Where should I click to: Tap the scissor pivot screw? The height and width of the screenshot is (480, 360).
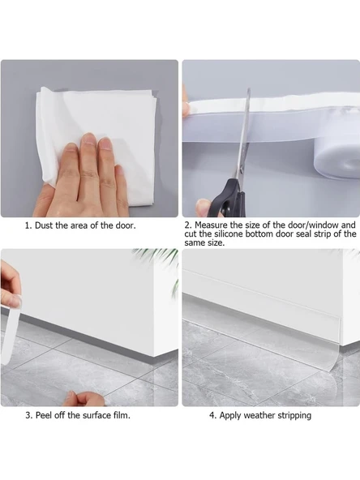pyautogui.click(x=241, y=168)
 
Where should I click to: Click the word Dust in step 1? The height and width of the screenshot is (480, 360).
pyautogui.click(x=45, y=225)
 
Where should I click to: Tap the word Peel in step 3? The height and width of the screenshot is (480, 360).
pyautogui.click(x=43, y=415)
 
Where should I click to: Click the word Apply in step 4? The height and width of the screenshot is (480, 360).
pyautogui.click(x=230, y=416)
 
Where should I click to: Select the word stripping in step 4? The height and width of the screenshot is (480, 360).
pyautogui.click(x=294, y=416)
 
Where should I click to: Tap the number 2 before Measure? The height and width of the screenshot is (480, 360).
pyautogui.click(x=187, y=225)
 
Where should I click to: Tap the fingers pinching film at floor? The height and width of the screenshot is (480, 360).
pyautogui.click(x=84, y=399)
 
